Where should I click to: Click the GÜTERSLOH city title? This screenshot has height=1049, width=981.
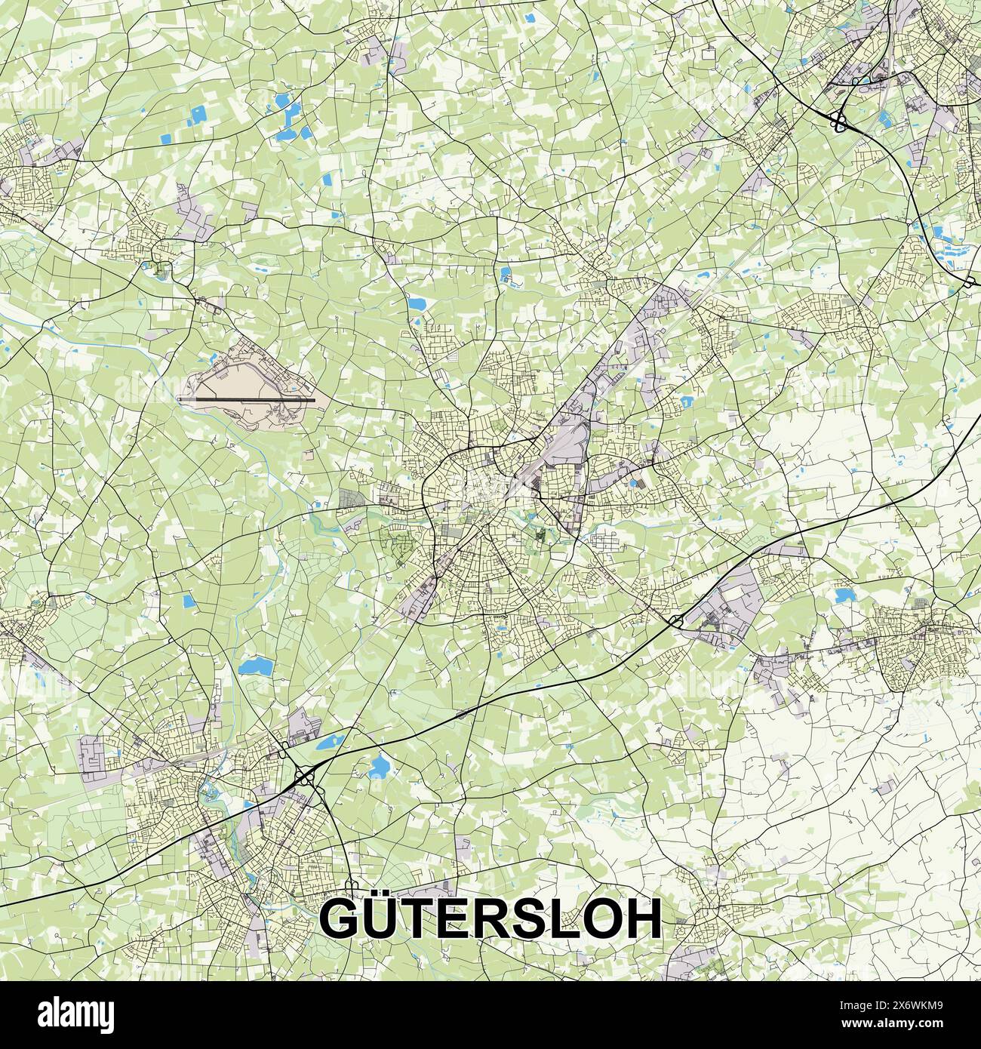tap(490, 918)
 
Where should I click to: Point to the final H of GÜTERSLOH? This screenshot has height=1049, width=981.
tap(644, 918)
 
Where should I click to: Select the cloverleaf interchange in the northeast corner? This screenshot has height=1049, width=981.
tap(838, 120)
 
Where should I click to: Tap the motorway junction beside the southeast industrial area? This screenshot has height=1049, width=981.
tap(675, 621)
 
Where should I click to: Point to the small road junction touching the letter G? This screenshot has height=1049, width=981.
tap(349, 884)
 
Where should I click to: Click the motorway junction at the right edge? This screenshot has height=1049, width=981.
tap(969, 281)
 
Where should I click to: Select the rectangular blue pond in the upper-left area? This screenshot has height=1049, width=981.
tap(198, 115)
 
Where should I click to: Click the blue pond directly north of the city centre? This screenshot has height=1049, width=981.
tap(416, 303)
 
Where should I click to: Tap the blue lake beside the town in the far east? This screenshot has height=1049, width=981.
tap(843, 595)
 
